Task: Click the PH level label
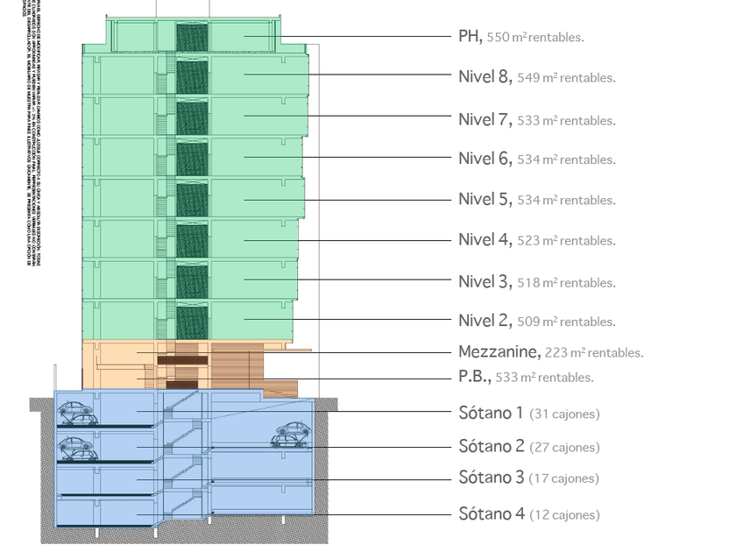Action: (x=470, y=36)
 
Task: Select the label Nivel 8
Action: (x=484, y=76)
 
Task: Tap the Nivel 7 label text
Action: (x=484, y=119)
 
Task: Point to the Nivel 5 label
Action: (x=484, y=199)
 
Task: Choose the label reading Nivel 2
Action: (x=484, y=321)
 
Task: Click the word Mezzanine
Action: (x=499, y=352)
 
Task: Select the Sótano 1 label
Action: (x=492, y=413)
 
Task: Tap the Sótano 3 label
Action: (x=492, y=478)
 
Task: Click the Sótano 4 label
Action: (x=492, y=514)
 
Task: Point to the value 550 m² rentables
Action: (x=535, y=38)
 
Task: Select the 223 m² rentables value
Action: (x=594, y=353)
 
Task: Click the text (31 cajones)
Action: (x=564, y=414)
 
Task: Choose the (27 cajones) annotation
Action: (x=564, y=448)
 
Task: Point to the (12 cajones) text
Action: (x=564, y=515)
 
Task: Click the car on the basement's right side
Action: (x=291, y=435)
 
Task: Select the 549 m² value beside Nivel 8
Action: (x=566, y=78)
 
